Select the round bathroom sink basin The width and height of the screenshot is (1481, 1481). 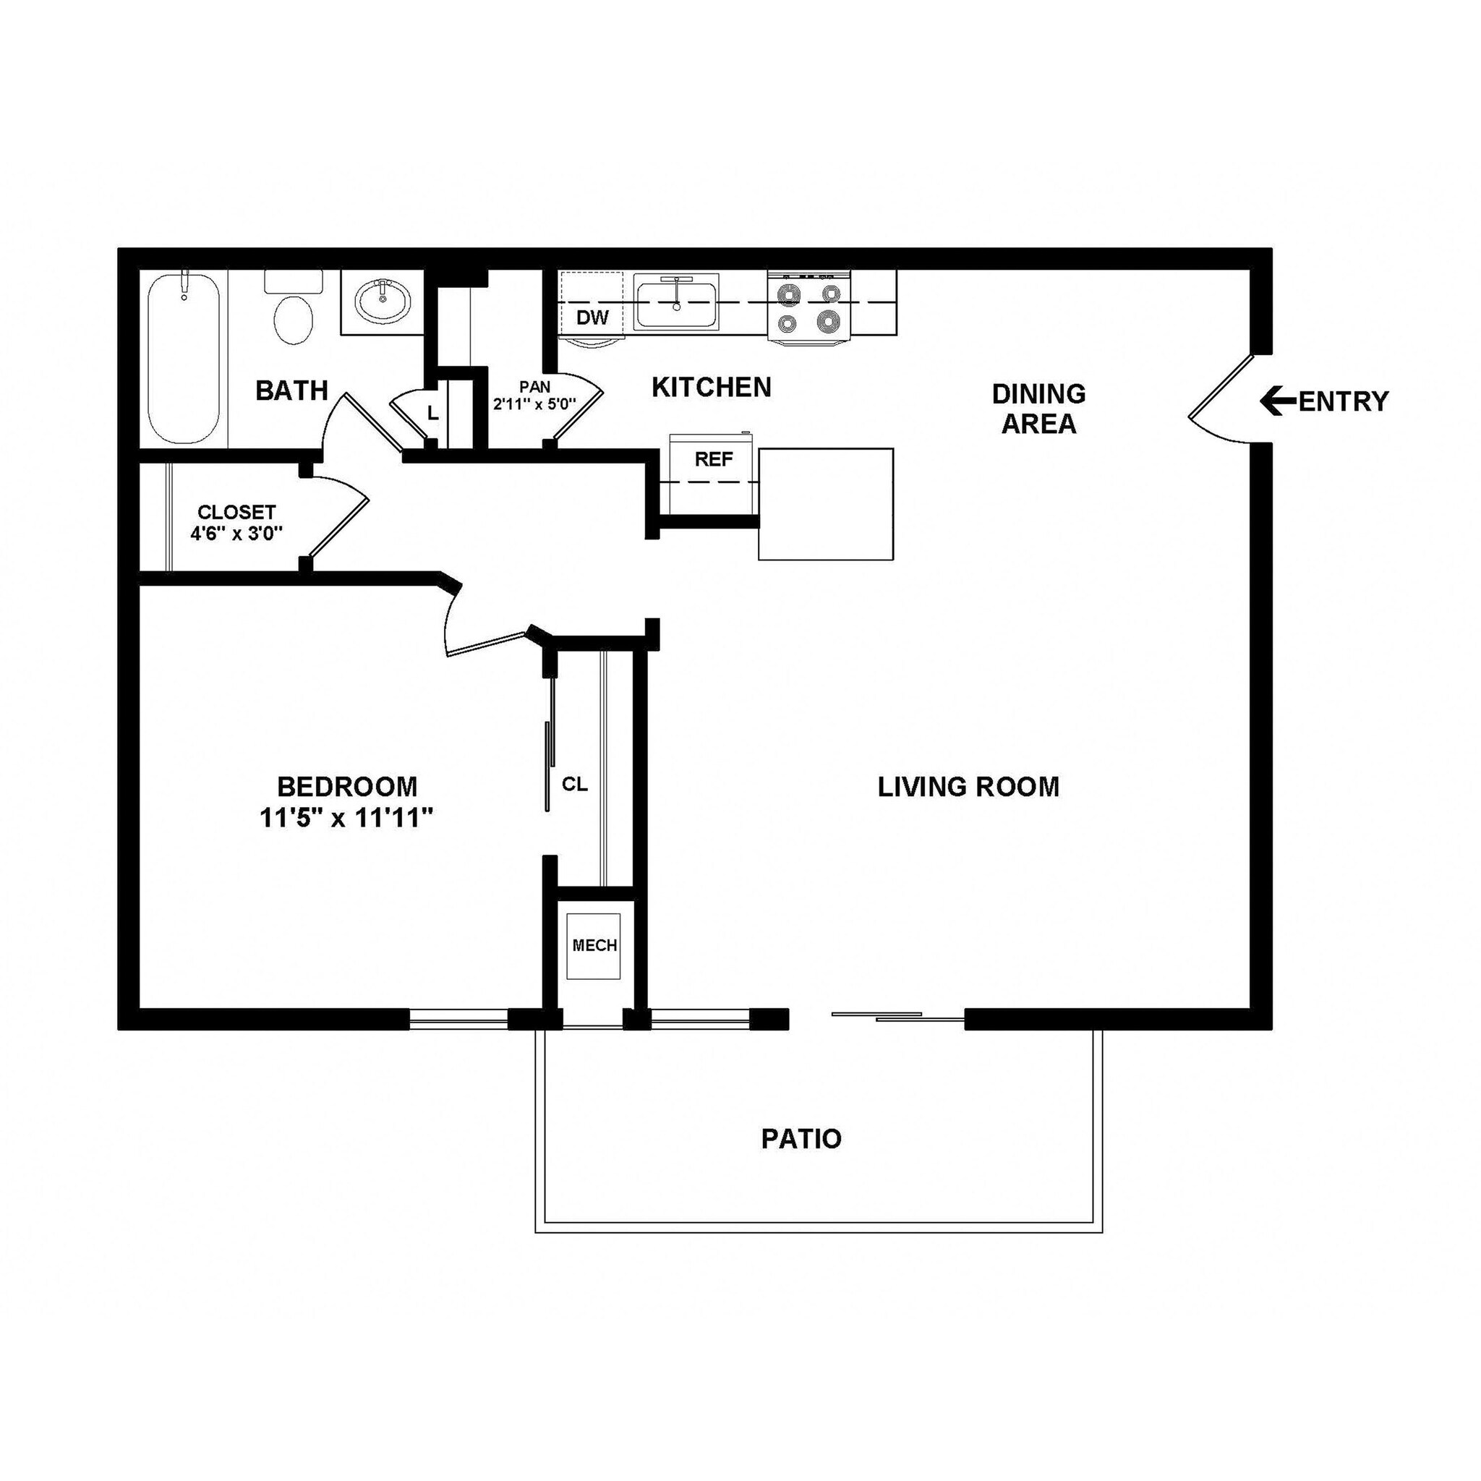coord(383,302)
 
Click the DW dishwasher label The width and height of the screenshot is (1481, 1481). coord(592,317)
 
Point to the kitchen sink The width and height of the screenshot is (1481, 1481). coord(676,305)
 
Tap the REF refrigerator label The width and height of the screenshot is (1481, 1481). coord(714,459)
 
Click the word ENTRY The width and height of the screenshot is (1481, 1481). coord(1343,401)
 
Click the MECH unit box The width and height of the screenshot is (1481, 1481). coord(594,946)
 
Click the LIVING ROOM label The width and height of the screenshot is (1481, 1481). coord(968,787)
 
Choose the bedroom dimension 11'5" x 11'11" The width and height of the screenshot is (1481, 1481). coord(347,819)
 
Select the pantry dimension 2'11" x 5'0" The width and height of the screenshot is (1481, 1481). coord(534,404)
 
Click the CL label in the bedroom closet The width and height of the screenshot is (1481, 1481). coord(575,784)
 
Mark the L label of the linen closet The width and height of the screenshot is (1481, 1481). coord(433,413)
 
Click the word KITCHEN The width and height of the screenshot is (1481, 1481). coord(712,387)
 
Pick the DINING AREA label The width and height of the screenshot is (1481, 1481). coord(1038,409)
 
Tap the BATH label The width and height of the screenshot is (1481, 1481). coord(291,390)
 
